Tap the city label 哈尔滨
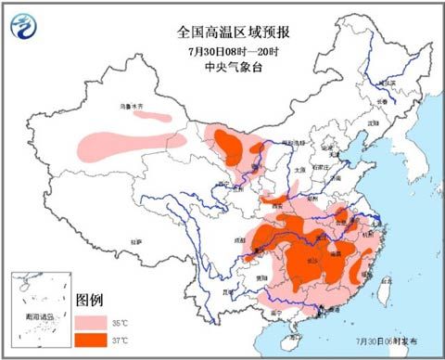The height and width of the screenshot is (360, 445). [x=387, y=84]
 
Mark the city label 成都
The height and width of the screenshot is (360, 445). [x=243, y=238]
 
